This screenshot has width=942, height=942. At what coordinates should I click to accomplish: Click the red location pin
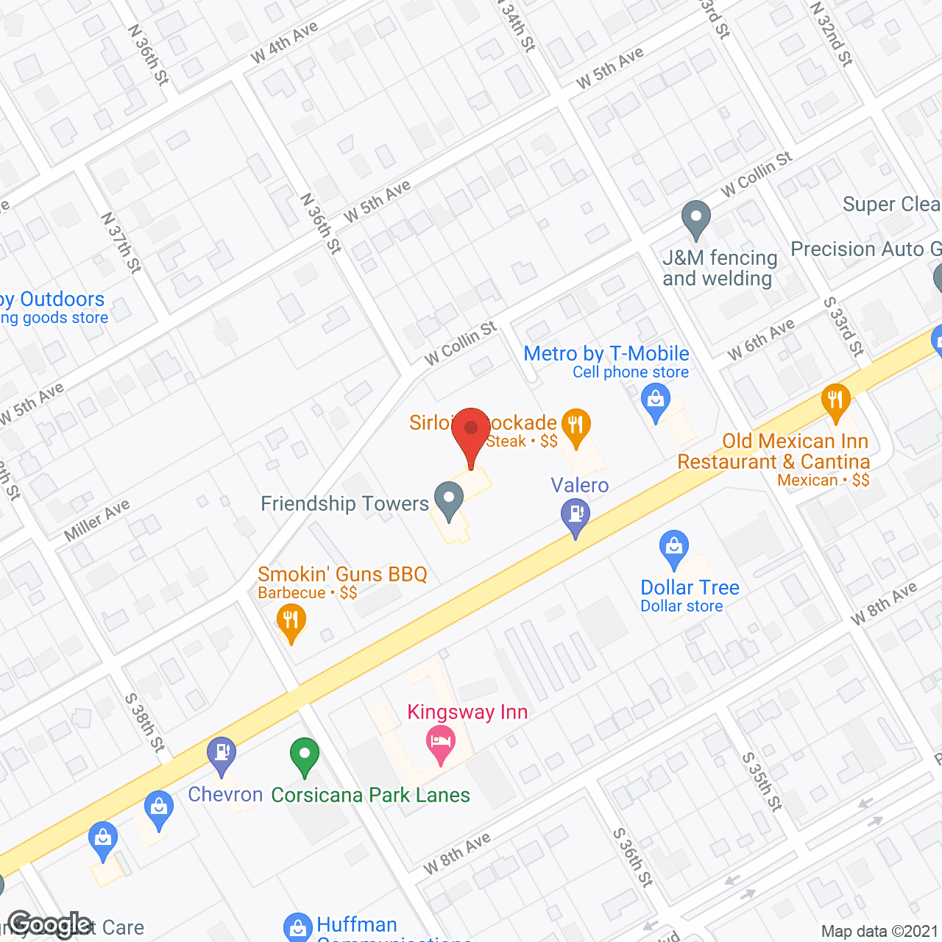(x=471, y=431)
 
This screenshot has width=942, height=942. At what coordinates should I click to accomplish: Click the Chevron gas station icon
(x=222, y=754)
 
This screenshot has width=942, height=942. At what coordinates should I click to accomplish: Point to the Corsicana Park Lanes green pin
(x=304, y=756)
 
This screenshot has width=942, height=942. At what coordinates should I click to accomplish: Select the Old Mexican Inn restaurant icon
(x=835, y=402)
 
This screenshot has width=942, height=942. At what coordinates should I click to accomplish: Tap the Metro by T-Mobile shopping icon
(x=655, y=403)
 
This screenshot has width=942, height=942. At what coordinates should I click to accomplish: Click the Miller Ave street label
(x=96, y=520)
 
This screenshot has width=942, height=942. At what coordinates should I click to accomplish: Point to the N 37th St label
(x=121, y=242)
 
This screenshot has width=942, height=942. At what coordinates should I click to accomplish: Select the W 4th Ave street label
(x=284, y=42)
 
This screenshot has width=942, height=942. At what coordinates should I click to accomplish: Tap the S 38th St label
(x=144, y=722)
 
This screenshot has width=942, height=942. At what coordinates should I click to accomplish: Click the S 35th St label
(x=761, y=782)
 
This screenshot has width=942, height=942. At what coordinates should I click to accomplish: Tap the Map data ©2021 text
(x=879, y=931)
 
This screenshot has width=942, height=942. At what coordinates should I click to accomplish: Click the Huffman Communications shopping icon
(x=298, y=927)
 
